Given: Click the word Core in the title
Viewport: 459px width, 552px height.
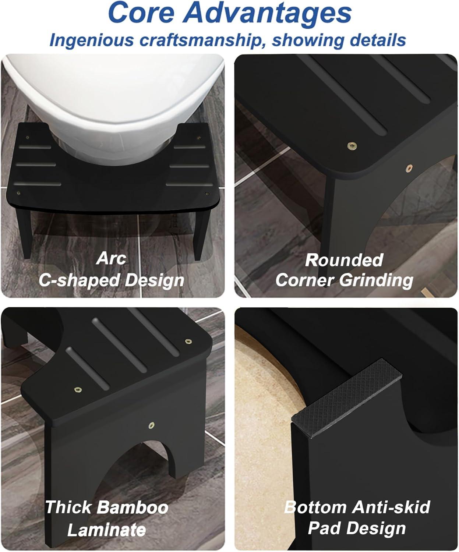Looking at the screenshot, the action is coord(141,13).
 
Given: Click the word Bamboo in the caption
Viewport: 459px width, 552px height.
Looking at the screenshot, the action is coord(134,507).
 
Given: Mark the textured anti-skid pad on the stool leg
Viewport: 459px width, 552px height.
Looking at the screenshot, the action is coord(346,398).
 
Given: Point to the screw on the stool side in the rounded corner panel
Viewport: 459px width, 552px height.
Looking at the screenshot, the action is coord(409,167).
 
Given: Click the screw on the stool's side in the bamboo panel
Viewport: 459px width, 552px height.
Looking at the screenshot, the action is coord(151,425).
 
